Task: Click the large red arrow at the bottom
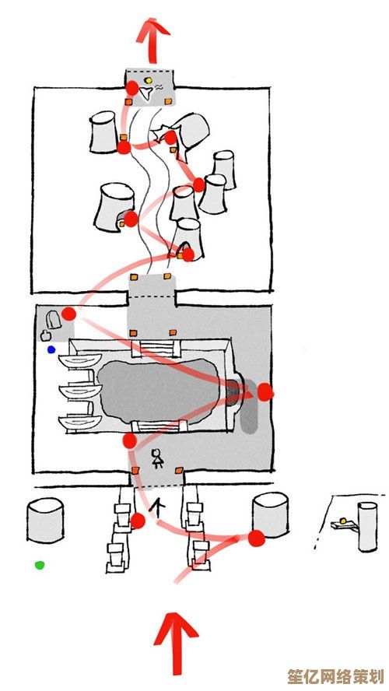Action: [x=176, y=644]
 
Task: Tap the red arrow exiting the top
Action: [x=152, y=40]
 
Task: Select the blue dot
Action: [x=51, y=349]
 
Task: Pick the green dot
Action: [x=40, y=564]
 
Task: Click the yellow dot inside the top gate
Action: [x=149, y=80]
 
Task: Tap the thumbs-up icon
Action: [x=45, y=335]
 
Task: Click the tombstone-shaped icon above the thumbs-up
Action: [x=54, y=319]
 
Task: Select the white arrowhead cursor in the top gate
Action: [x=145, y=94]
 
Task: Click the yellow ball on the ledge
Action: [x=344, y=521]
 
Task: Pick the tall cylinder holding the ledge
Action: [x=367, y=527]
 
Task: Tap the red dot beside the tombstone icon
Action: [x=68, y=314]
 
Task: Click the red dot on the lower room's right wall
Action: [x=265, y=391]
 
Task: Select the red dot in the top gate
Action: [x=131, y=88]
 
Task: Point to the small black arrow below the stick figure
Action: [x=157, y=507]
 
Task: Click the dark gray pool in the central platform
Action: [x=159, y=391]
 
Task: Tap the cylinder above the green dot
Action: [x=45, y=520]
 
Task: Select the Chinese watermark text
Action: [x=335, y=676]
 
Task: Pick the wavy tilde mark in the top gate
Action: [x=159, y=88]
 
